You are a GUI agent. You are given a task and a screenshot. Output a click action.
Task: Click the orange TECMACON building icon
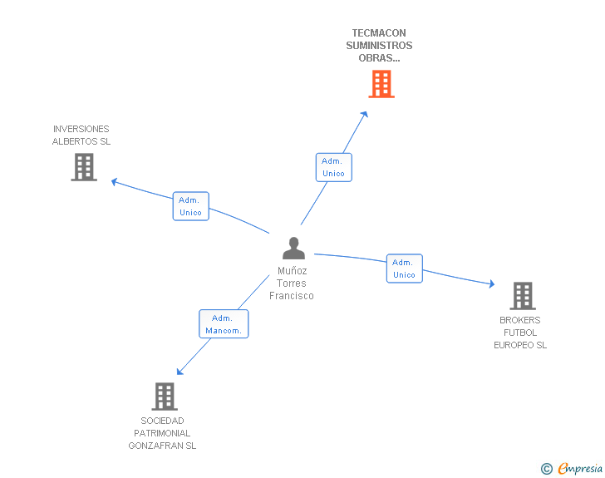tap(381, 84)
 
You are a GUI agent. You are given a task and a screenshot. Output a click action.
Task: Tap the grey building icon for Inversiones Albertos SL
tap(83, 167)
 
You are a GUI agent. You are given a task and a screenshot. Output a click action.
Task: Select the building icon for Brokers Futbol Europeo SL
tap(522, 295)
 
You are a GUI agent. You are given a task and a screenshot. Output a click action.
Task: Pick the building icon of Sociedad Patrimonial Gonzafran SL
tap(165, 396)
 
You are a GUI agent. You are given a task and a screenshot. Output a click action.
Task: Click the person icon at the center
tap(293, 248)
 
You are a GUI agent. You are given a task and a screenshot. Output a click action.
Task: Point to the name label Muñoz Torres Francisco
tap(292, 283)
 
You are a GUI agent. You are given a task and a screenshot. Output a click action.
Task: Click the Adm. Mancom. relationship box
tap(224, 323)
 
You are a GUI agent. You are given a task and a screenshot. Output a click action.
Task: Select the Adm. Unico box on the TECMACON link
tap(333, 167)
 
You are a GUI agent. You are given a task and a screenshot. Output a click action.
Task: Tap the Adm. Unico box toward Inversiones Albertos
tap(190, 206)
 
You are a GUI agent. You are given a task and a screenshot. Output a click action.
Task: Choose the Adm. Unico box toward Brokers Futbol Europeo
tap(404, 269)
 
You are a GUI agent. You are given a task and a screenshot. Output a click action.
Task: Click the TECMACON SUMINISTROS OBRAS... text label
tap(379, 46)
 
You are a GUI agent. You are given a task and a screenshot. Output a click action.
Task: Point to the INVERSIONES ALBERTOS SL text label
tap(81, 135)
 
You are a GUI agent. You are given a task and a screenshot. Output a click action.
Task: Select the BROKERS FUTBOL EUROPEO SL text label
tap(520, 333)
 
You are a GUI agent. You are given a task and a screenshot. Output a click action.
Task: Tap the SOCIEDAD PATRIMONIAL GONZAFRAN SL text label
tap(162, 433)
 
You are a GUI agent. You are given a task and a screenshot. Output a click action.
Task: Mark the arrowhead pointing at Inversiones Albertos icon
tap(115, 181)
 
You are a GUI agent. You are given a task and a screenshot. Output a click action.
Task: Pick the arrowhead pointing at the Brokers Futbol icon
tap(491, 284)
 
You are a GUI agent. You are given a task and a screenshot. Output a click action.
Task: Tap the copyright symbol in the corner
tap(546, 469)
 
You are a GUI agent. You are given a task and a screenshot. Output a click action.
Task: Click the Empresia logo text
tap(580, 469)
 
